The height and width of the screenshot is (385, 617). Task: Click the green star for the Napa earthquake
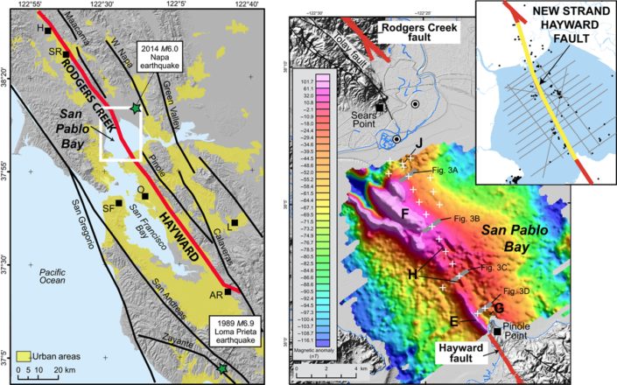tap(134, 108)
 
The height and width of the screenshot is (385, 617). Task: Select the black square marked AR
tap(228, 292)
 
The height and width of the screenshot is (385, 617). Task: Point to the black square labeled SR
tap(66, 54)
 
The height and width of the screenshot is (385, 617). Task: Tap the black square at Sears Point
tap(381, 108)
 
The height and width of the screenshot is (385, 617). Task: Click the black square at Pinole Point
tap(497, 332)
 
